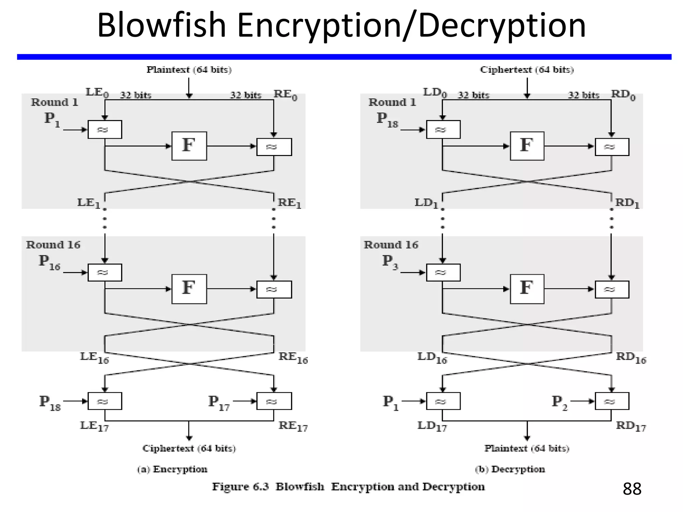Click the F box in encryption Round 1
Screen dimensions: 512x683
point(189,146)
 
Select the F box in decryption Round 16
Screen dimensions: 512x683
point(527,289)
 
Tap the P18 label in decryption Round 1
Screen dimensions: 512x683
point(387,120)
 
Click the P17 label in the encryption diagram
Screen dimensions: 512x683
point(219,403)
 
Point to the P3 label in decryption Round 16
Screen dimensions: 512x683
point(390,262)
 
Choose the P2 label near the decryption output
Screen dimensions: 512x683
point(559,403)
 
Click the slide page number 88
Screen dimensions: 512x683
point(632,489)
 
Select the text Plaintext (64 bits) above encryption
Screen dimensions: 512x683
point(189,70)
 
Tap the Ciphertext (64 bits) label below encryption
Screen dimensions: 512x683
point(189,448)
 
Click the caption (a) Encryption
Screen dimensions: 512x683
point(172,469)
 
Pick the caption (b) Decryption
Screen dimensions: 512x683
point(510,469)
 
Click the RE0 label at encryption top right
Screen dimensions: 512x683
point(285,95)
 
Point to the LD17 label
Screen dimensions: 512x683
point(432,426)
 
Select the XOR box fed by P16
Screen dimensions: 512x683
point(105,272)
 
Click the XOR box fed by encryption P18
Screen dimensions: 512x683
point(105,401)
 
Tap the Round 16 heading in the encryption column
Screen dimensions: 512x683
point(53,245)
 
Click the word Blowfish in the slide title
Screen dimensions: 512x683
point(161,25)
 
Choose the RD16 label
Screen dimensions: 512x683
point(631,358)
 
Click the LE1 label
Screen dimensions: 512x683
point(88,203)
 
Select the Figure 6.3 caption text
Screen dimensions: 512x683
point(348,487)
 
